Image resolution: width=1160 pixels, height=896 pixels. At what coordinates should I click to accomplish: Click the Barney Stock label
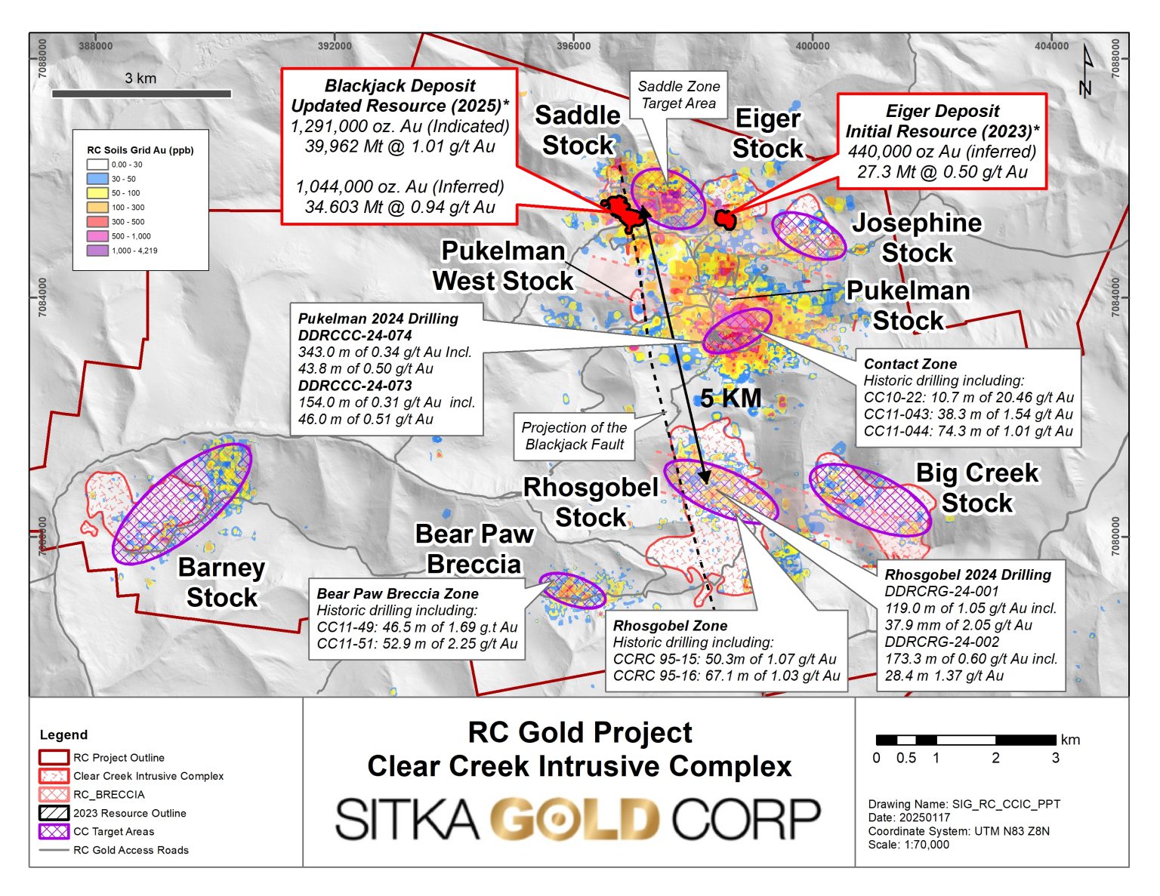click(x=222, y=582)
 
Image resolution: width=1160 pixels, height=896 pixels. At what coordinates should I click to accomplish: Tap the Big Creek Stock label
click(x=977, y=488)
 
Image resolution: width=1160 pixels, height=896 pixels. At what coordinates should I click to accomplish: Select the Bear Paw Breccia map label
click(x=474, y=549)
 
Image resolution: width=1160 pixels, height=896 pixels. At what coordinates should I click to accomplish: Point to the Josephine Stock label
click(x=917, y=237)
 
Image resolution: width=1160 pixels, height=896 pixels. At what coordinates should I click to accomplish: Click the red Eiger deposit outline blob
click(x=725, y=219)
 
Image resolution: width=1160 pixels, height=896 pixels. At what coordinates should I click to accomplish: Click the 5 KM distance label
click(x=730, y=398)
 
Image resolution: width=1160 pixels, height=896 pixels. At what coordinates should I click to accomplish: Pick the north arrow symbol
click(x=1087, y=71)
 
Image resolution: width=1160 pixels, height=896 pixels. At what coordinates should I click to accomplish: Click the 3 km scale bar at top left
click(x=141, y=94)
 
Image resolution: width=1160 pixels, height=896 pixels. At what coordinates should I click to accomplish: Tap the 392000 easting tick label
click(x=335, y=46)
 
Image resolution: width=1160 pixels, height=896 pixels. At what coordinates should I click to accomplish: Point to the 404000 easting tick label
click(x=1051, y=46)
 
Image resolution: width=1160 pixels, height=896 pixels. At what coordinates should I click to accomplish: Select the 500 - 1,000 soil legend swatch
click(x=97, y=236)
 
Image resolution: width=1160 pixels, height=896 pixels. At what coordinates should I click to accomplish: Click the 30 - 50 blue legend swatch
click(x=97, y=179)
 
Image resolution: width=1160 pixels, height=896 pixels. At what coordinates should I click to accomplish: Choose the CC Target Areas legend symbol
click(x=54, y=831)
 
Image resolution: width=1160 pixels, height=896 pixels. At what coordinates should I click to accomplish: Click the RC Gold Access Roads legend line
click(x=54, y=850)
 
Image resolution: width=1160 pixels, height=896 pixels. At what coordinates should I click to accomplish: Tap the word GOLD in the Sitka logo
click(x=575, y=819)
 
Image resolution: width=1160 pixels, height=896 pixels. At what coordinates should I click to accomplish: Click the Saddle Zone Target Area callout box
click(x=678, y=94)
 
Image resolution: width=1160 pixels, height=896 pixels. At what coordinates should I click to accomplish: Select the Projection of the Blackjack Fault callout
click(x=574, y=436)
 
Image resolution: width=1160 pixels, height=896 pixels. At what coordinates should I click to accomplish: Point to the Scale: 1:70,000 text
click(x=909, y=845)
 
